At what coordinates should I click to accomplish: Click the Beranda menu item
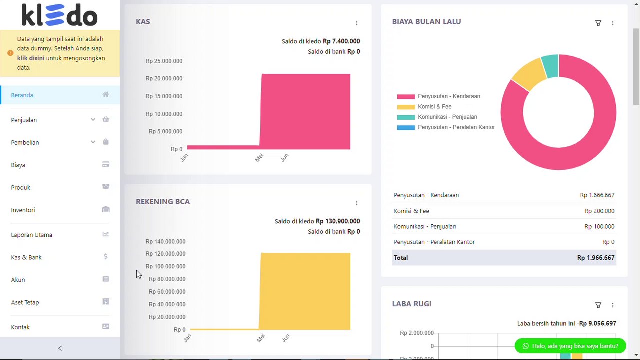[x=22, y=95]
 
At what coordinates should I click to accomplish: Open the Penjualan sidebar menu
[x=24, y=120]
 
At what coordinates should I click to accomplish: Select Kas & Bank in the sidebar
[x=26, y=258]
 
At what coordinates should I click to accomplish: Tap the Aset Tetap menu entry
[x=25, y=303]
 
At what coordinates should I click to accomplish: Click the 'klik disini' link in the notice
[x=31, y=58]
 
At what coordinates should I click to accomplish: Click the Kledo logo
[x=60, y=15]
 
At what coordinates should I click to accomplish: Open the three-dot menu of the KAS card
[x=357, y=23]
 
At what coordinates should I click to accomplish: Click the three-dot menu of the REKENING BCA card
[x=357, y=203]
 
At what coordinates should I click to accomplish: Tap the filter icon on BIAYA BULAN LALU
[x=598, y=23]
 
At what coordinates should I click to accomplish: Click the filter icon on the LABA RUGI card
[x=598, y=305]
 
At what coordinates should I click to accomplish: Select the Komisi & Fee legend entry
[x=434, y=107]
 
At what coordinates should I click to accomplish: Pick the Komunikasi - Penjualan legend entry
[x=447, y=117]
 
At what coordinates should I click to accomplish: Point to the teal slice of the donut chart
[x=550, y=66]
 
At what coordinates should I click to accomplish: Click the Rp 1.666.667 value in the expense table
[x=597, y=195]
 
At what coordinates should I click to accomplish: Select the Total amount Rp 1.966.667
[x=596, y=258]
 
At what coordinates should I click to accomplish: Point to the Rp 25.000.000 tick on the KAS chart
[x=164, y=61]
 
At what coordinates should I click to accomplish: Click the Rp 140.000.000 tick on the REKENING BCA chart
[x=165, y=242]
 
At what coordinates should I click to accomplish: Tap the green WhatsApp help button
[x=570, y=346]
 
